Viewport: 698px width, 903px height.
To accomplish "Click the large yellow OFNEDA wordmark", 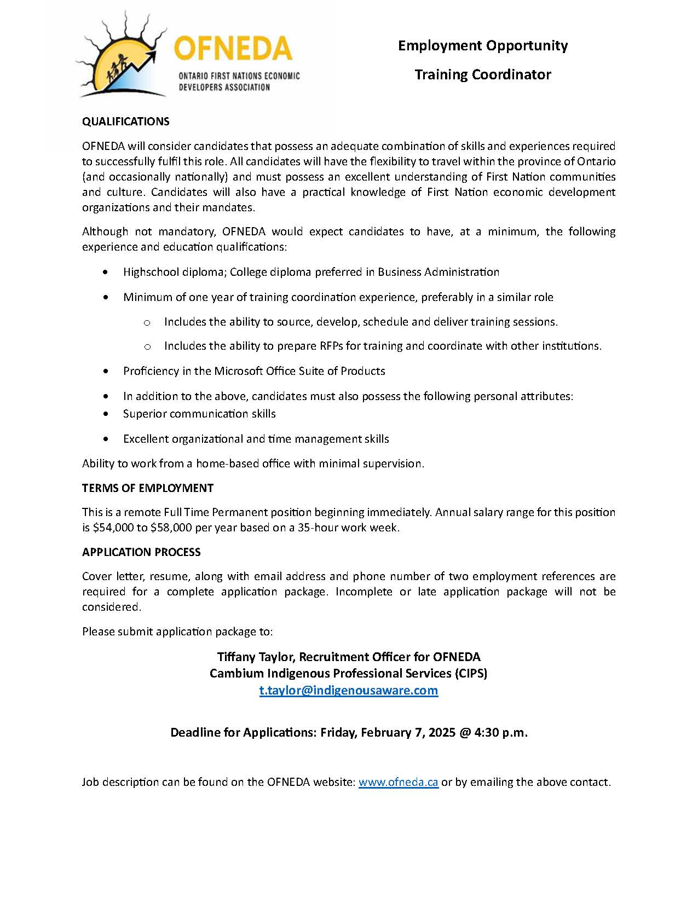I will [233, 49].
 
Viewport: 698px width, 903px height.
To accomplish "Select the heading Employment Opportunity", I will [482, 45].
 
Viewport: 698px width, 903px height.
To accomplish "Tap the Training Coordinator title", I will [482, 74].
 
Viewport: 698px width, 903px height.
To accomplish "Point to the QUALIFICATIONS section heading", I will [126, 121].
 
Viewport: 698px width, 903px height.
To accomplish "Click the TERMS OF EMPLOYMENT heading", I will [148, 488].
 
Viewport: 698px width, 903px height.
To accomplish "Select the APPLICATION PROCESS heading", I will [141, 552].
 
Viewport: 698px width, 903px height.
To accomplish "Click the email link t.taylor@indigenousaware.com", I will [349, 690].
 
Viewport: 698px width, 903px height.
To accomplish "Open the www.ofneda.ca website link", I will [398, 782].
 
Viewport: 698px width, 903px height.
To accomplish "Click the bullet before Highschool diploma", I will [106, 272].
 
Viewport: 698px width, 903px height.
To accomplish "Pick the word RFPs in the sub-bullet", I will [332, 346].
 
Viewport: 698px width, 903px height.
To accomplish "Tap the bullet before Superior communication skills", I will [106, 414].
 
